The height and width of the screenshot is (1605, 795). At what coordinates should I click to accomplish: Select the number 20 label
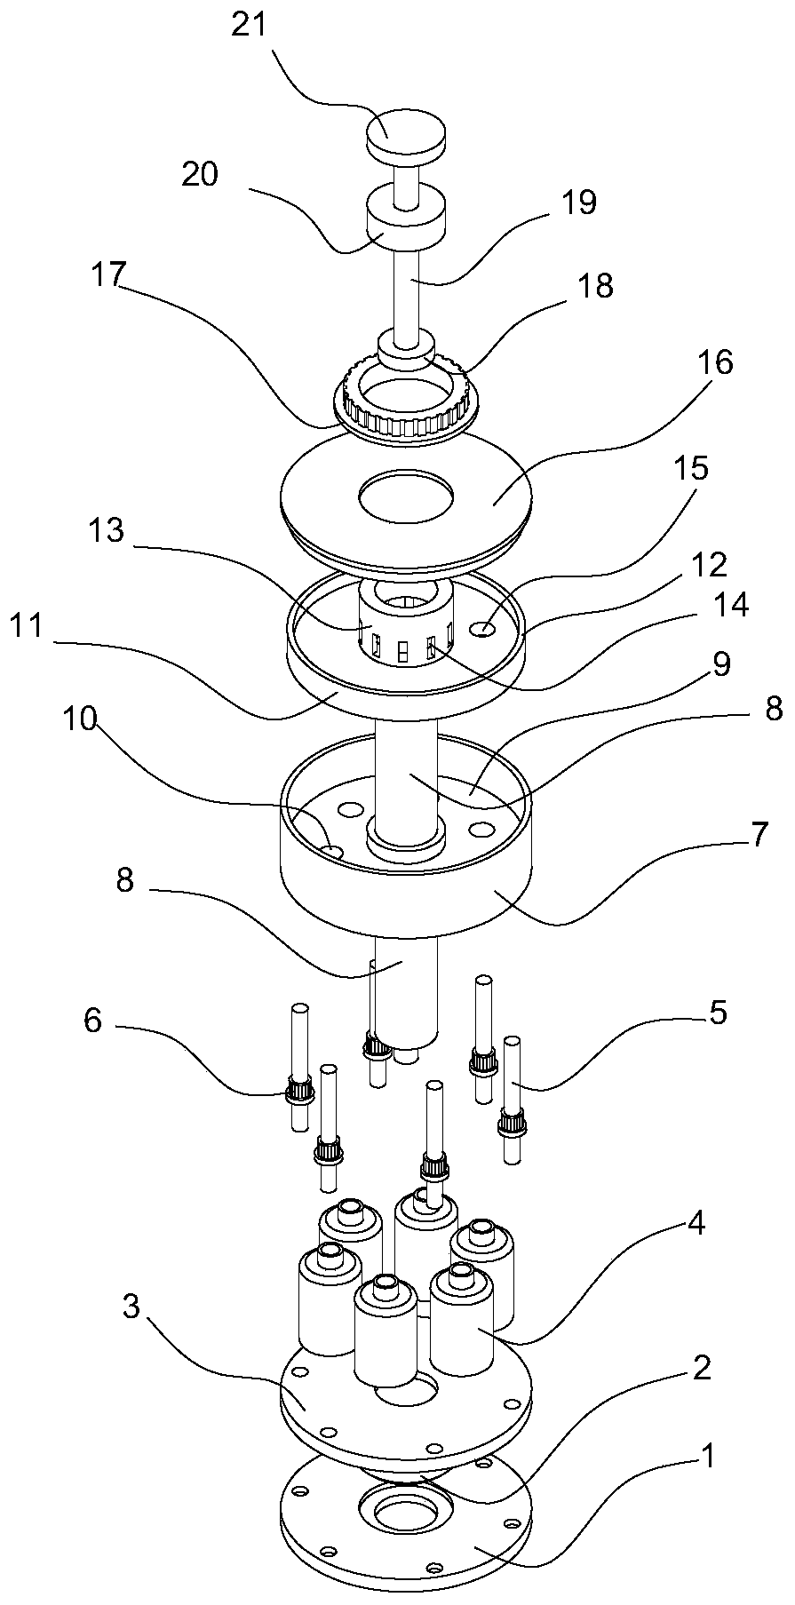coord(200,174)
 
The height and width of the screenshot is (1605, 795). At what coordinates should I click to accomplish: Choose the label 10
coord(79,718)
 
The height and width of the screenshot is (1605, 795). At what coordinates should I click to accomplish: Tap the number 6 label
coord(92,1021)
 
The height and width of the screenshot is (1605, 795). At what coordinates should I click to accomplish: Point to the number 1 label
coord(707,1455)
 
